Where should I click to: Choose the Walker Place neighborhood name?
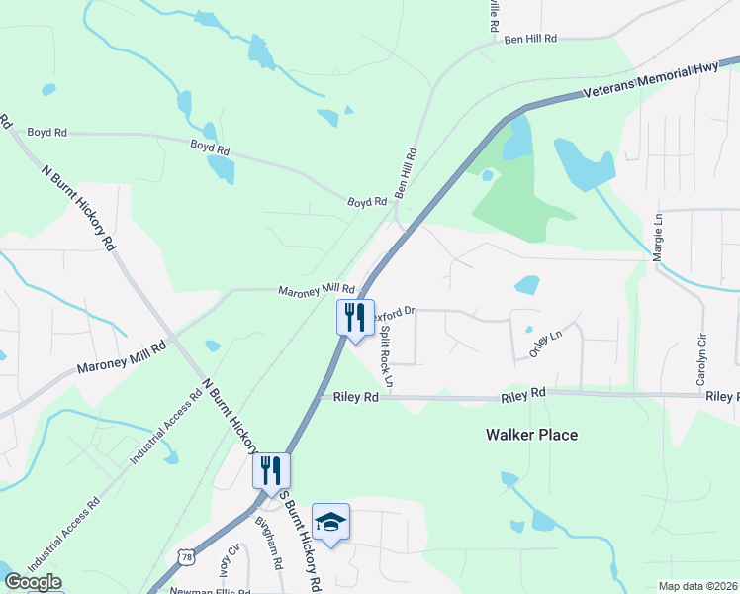click(531, 435)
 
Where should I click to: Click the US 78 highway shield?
click(184, 558)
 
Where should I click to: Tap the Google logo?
click(32, 582)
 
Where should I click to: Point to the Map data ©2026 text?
click(698, 586)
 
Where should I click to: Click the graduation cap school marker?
click(330, 522)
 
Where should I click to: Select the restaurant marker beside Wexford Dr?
click(355, 318)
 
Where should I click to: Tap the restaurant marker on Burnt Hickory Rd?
click(271, 470)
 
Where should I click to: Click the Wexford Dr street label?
click(395, 310)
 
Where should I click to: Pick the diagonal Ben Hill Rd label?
click(408, 170)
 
